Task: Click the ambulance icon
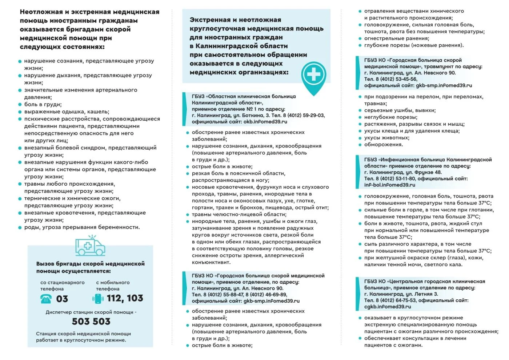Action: (x=90, y=246)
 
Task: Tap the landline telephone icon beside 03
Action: (x=46, y=299)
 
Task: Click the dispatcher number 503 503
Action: (x=91, y=321)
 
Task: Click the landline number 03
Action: (x=62, y=299)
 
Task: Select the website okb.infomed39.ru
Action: (x=265, y=122)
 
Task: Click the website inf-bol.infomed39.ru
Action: (x=389, y=185)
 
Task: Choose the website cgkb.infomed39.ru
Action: (x=388, y=307)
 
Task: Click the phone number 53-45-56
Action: (x=405, y=79)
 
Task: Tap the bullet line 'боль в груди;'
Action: (x=43, y=104)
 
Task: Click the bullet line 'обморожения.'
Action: (x=384, y=145)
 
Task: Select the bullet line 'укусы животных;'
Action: (x=386, y=138)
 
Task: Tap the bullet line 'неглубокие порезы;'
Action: (x=390, y=117)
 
